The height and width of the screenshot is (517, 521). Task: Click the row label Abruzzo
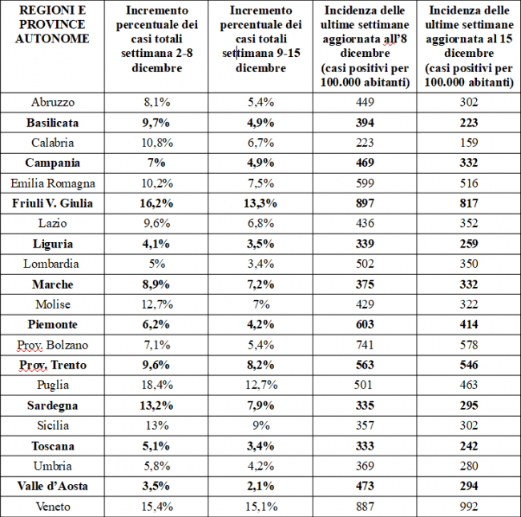tap(53, 102)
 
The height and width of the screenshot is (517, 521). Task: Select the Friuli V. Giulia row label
tap(52, 204)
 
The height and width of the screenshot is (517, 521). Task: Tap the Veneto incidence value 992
tap(469, 507)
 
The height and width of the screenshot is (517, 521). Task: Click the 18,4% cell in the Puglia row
tap(157, 385)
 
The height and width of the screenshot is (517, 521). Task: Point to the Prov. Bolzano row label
tap(52, 345)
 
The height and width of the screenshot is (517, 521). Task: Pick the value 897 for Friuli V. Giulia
tap(365, 204)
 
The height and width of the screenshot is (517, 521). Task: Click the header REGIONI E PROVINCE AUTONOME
tap(52, 25)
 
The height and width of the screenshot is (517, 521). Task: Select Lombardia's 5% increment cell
tap(157, 264)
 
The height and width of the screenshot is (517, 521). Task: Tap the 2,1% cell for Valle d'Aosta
tap(260, 486)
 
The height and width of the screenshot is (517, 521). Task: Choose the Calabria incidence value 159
tap(469, 143)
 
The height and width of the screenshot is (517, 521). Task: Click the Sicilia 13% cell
tap(157, 426)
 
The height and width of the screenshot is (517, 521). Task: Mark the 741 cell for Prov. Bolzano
tap(365, 345)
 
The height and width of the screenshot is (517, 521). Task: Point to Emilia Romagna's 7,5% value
tap(260, 183)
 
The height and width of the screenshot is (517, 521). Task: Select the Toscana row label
tap(53, 446)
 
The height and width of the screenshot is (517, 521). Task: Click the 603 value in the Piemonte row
tap(365, 325)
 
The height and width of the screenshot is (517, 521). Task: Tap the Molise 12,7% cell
tap(157, 305)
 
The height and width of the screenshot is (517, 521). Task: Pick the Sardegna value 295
tap(469, 406)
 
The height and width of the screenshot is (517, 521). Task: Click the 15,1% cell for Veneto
tap(261, 507)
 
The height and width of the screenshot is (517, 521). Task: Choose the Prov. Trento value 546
tap(469, 365)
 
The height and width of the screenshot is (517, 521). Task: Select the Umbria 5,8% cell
tap(157, 466)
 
